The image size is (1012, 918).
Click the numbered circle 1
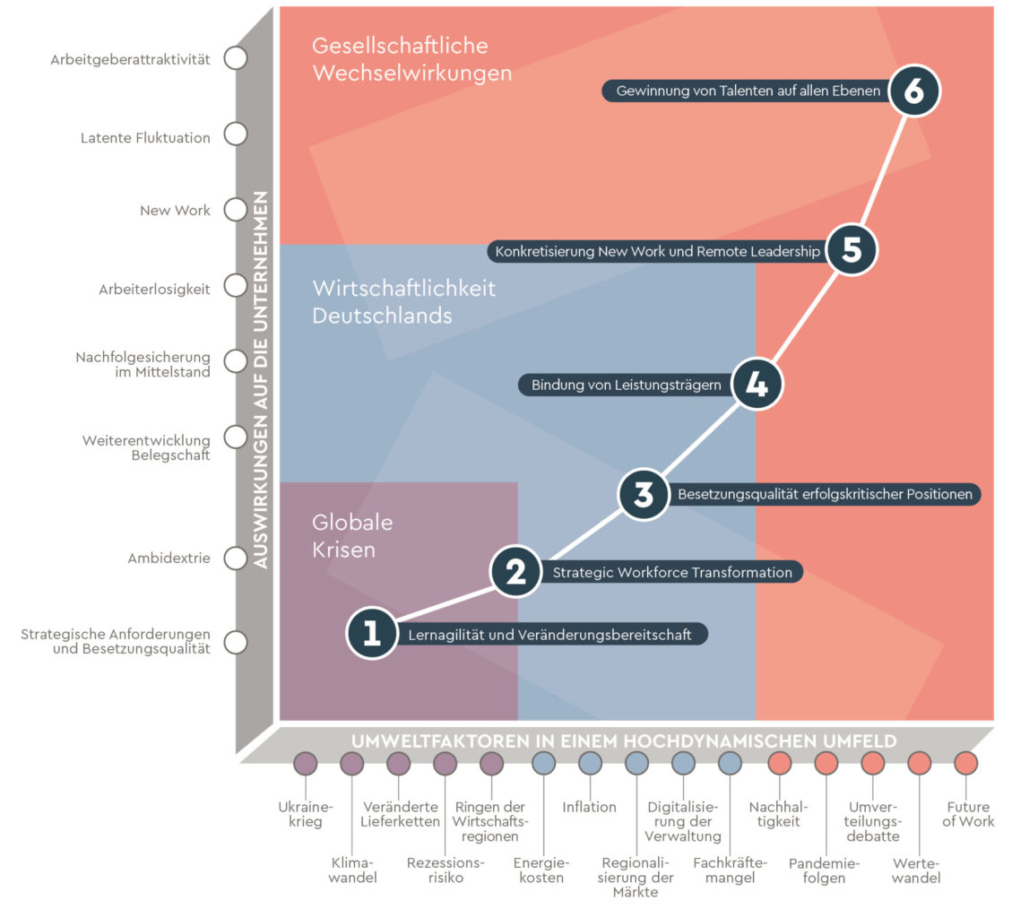click(x=371, y=634)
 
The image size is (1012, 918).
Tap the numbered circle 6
click(x=913, y=91)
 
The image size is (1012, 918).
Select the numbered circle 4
click(x=757, y=385)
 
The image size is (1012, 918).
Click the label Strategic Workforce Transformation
click(x=672, y=572)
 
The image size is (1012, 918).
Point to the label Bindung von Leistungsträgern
click(x=626, y=385)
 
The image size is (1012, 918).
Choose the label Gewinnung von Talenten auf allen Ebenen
click(x=748, y=91)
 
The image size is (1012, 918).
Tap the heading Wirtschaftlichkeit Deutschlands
click(x=403, y=302)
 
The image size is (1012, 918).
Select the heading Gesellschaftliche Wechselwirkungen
click(x=411, y=59)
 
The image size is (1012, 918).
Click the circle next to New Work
click(x=235, y=210)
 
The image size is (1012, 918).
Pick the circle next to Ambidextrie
click(x=235, y=559)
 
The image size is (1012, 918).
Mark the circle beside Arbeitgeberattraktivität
click(x=235, y=59)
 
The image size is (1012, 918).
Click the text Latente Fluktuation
click(x=145, y=138)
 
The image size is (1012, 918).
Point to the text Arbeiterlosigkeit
click(x=154, y=290)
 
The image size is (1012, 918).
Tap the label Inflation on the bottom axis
click(x=589, y=807)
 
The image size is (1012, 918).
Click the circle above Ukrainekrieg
click(x=306, y=763)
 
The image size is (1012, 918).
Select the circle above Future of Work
click(x=965, y=763)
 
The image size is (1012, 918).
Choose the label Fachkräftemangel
click(x=730, y=870)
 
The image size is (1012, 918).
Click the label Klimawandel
click(x=352, y=870)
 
